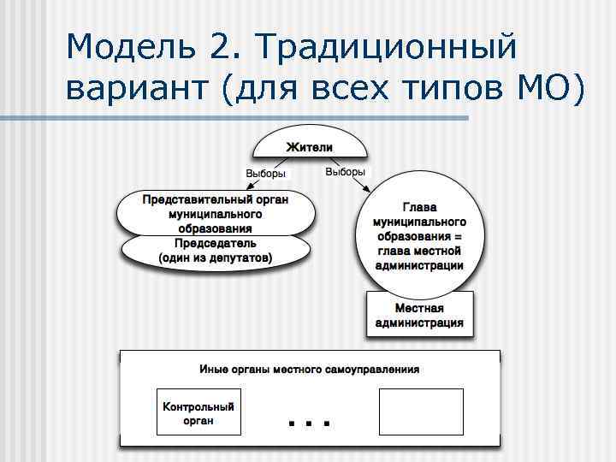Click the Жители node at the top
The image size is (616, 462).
(x=309, y=148)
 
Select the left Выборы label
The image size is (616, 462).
(x=265, y=174)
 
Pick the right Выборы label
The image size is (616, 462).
(x=345, y=172)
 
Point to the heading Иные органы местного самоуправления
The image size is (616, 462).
(x=309, y=370)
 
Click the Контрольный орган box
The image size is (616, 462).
(x=198, y=413)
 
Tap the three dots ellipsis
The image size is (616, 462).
(x=309, y=422)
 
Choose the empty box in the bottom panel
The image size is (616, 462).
(x=420, y=412)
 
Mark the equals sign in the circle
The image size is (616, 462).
(x=459, y=235)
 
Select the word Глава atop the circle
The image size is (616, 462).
(x=418, y=207)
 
